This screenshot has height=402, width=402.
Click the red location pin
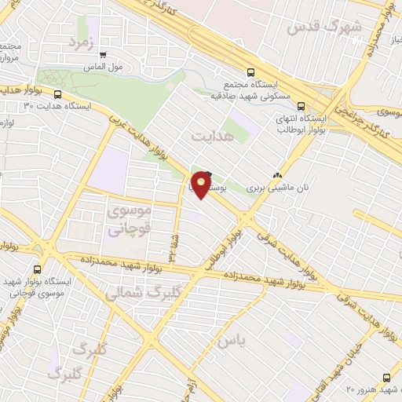(x=202, y=185)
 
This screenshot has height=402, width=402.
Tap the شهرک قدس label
(x=325, y=26)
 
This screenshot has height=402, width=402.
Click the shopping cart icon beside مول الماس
(x=103, y=55)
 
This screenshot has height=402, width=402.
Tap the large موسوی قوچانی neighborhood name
(x=126, y=221)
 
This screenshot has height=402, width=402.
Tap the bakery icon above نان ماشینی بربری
(x=276, y=175)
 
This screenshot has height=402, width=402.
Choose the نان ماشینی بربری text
(x=276, y=188)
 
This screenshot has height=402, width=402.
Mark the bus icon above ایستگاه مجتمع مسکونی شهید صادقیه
(x=250, y=70)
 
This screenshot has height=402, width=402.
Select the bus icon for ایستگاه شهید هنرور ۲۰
(x=386, y=378)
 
